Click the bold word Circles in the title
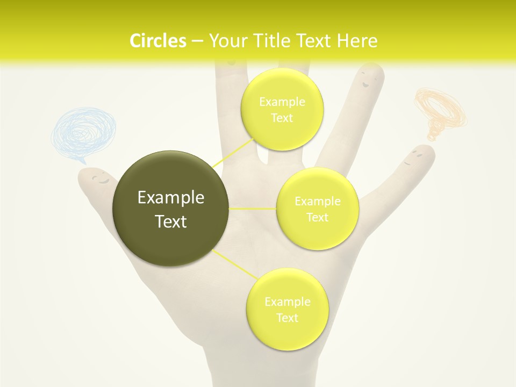pos(158,40)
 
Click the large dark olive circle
pos(171,209)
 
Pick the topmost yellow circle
pos(282,109)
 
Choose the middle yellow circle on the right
pos(317,209)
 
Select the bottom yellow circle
pos(287,309)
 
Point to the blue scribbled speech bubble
pos(83,132)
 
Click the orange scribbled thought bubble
pos(440,110)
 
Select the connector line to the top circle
pos(233,152)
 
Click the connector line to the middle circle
pos(252,208)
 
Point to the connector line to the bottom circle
pos(234,264)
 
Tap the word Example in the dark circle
pos(171,198)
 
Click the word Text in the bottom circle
pos(287,318)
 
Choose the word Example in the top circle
pos(282,102)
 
